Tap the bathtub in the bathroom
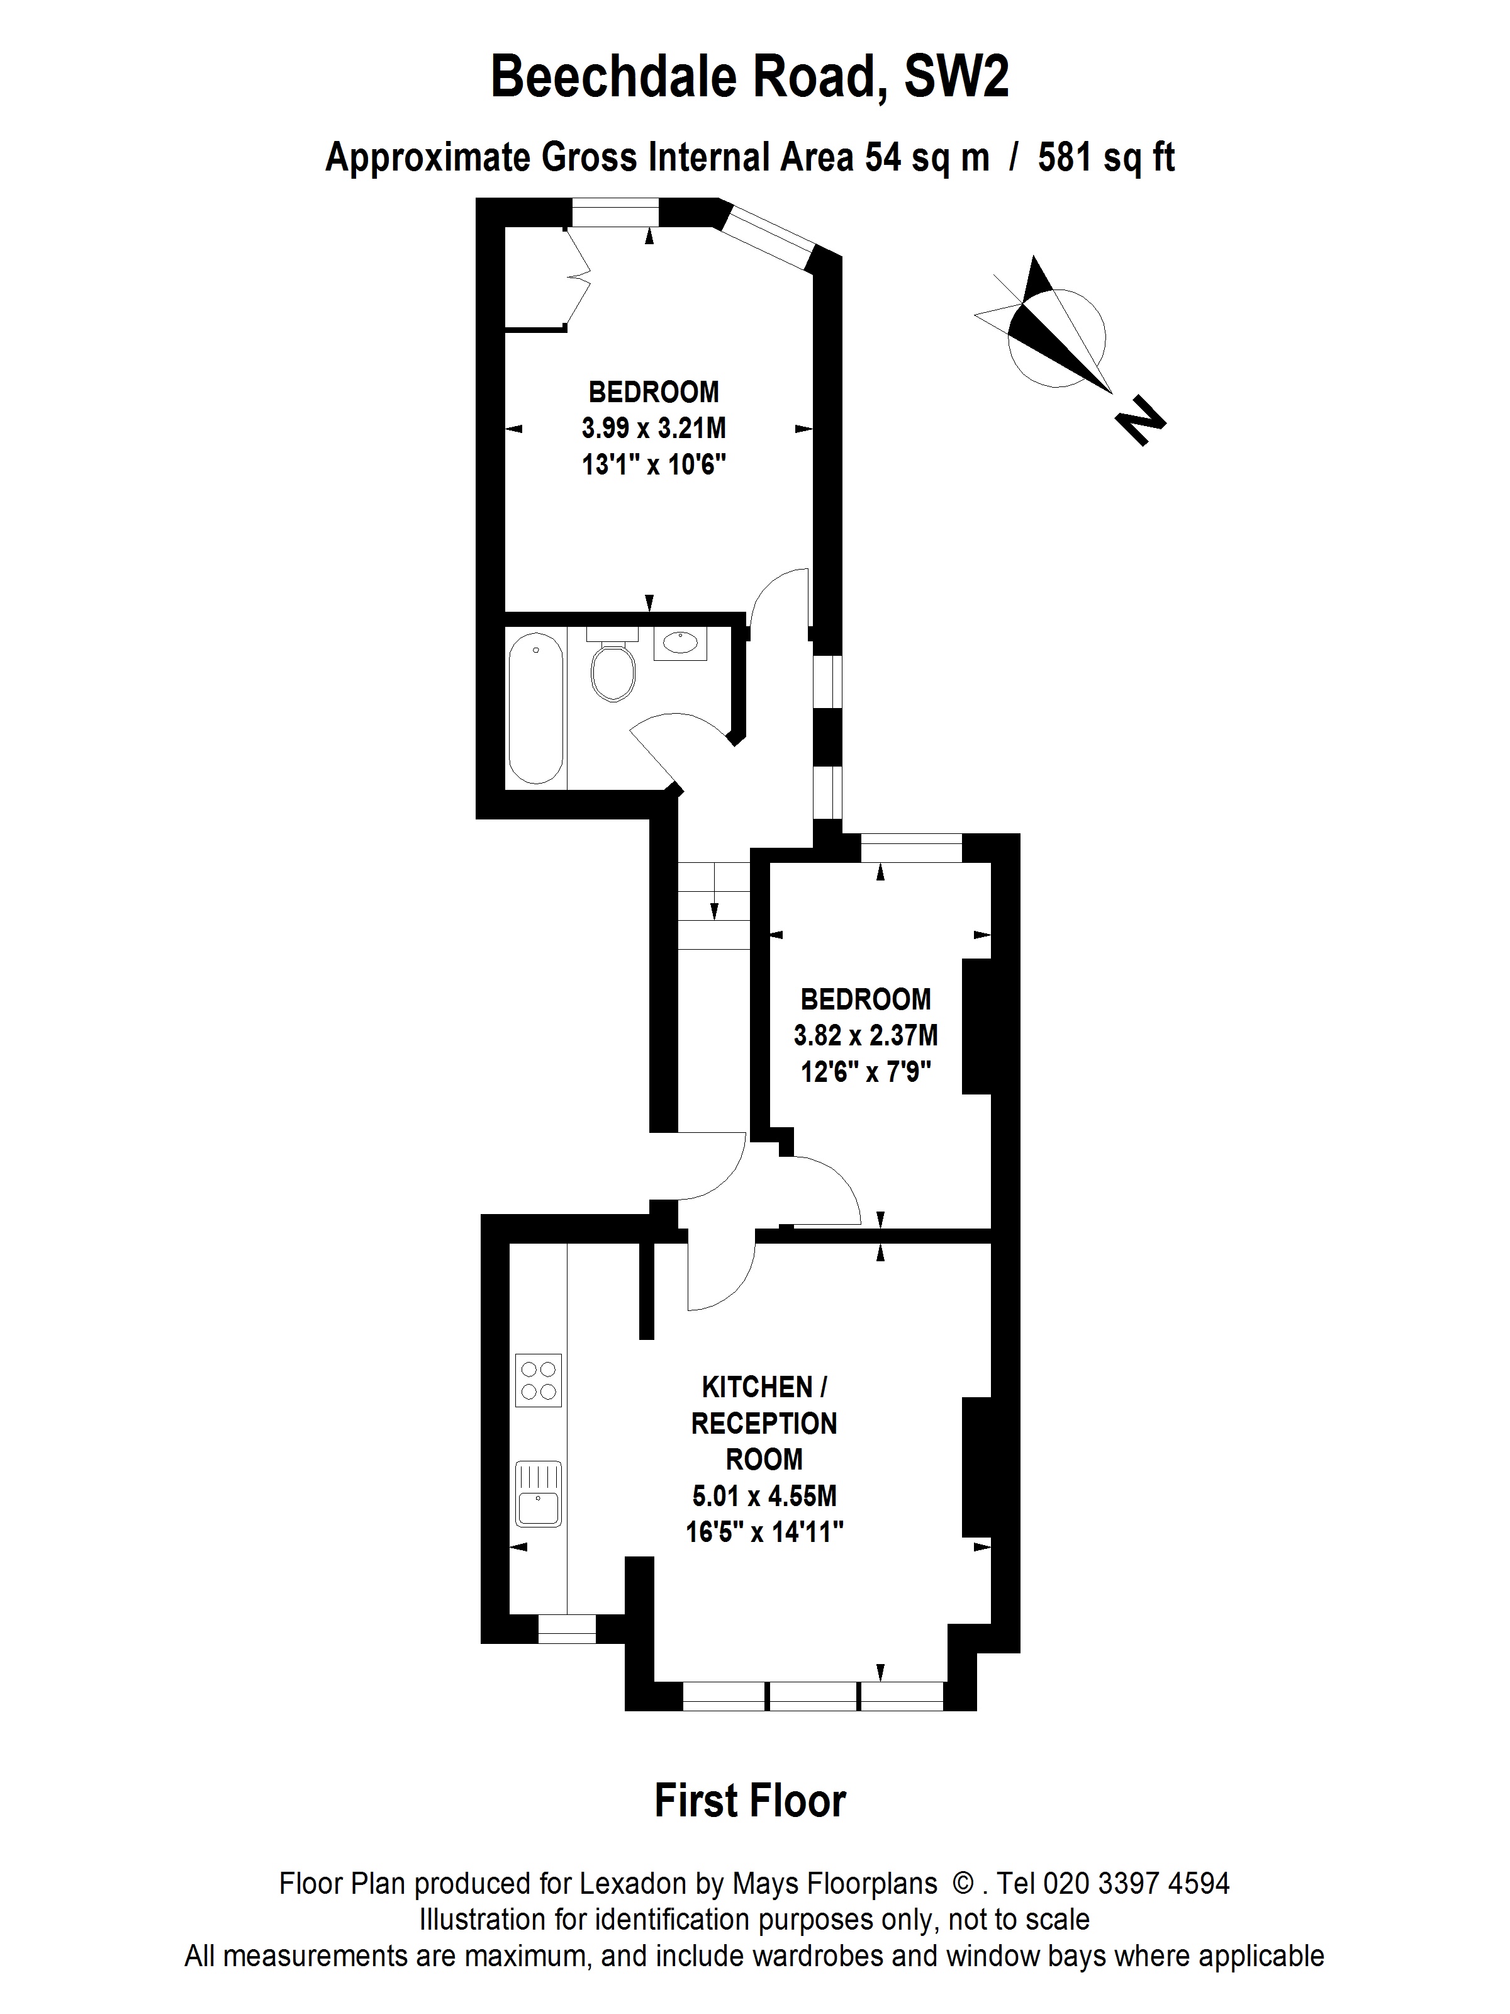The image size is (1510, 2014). pyautogui.click(x=536, y=710)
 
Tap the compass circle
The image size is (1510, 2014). pyautogui.click(x=1057, y=338)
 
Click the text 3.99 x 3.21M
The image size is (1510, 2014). pyautogui.click(x=654, y=428)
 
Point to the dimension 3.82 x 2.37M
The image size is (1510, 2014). pyautogui.click(x=866, y=1035)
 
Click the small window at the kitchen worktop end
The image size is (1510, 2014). pyautogui.click(x=567, y=1629)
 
